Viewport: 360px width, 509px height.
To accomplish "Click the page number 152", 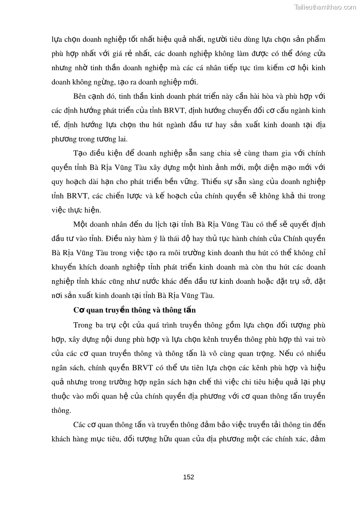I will click(x=188, y=477).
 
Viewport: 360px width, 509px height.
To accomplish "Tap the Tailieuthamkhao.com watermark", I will click(x=325, y=7).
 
